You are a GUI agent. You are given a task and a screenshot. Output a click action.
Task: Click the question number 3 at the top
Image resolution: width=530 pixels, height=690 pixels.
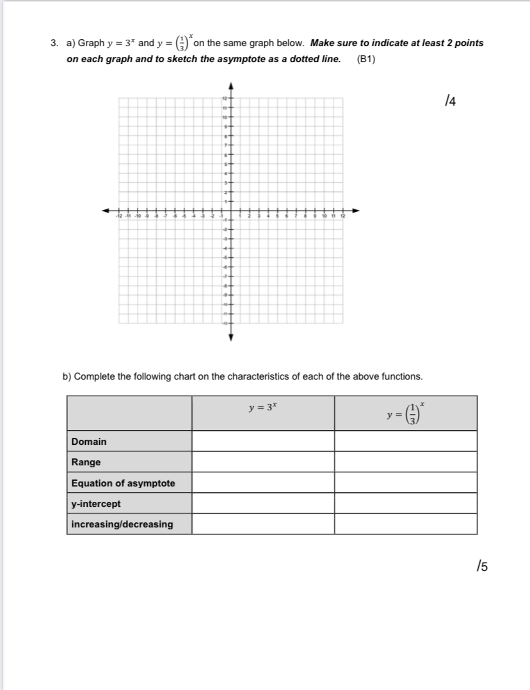(54, 44)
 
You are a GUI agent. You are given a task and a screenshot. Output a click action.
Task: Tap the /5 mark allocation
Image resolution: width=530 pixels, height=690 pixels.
(482, 565)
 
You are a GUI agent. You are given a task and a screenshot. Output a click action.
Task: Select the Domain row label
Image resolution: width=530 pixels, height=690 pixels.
(89, 442)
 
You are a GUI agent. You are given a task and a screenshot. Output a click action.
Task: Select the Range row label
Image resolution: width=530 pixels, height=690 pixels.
(86, 462)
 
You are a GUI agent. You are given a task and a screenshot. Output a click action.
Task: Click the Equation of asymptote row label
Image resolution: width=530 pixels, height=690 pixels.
(123, 483)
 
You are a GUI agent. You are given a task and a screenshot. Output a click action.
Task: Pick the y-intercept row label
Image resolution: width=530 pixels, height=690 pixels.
(96, 504)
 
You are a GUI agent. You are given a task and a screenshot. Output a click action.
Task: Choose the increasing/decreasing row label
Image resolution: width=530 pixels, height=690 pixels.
(122, 524)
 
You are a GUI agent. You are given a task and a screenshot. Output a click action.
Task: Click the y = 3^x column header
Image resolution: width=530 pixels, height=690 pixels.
(262, 407)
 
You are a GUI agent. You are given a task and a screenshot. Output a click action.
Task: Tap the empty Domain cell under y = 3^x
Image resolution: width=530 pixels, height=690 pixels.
(262, 441)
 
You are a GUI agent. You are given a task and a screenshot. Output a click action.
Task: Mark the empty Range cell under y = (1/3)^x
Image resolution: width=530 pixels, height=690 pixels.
(405, 462)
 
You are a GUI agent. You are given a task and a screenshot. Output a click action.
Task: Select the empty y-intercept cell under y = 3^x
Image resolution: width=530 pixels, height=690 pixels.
(262, 504)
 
